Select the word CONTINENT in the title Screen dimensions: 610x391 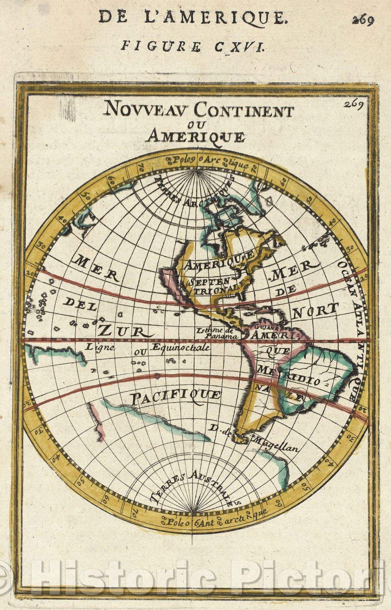(x=244, y=111)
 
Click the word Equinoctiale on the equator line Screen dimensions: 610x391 (x=180, y=347)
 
